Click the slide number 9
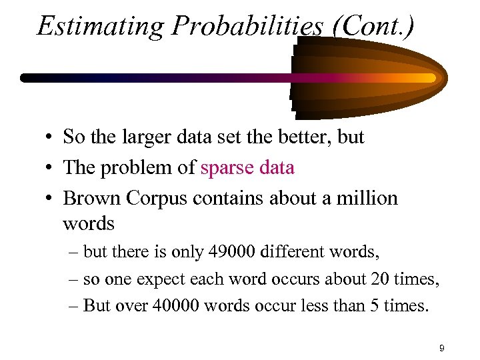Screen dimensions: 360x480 442,348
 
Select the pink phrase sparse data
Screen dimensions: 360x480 247,167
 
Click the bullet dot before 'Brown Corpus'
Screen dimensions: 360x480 50,199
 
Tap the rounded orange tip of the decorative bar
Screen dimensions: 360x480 433,78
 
